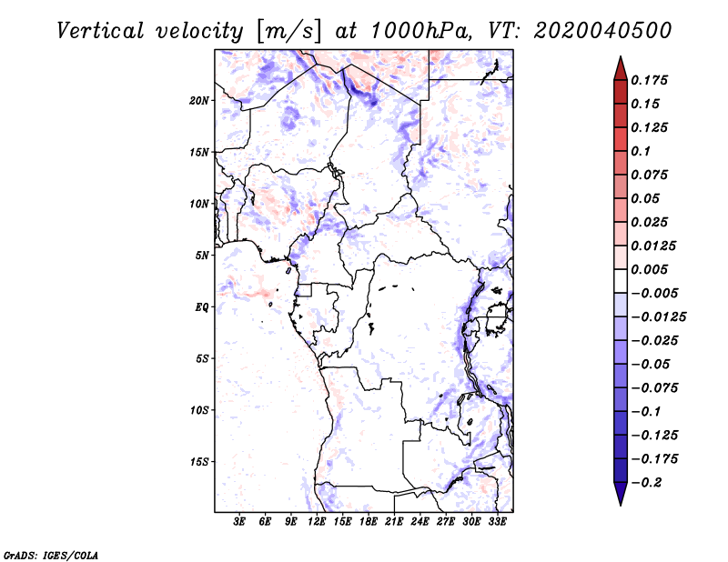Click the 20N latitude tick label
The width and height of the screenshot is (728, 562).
pyautogui.click(x=199, y=100)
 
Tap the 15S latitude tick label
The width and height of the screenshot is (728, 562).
pyautogui.click(x=199, y=462)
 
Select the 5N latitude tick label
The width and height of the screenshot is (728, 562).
pyautogui.click(x=202, y=256)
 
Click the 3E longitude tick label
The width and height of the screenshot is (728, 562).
pyautogui.click(x=240, y=522)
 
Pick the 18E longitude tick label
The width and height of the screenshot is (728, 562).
pyautogui.click(x=369, y=522)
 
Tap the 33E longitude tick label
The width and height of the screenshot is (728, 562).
pyautogui.click(x=497, y=522)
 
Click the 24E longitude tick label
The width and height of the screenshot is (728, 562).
pyautogui.click(x=420, y=522)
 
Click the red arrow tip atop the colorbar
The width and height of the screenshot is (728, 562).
pyautogui.click(x=620, y=64)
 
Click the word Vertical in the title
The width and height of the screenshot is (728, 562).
pyautogui.click(x=102, y=30)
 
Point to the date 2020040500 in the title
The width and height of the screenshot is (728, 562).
pyautogui.click(x=604, y=30)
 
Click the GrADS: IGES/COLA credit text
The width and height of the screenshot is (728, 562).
pyautogui.click(x=51, y=554)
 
